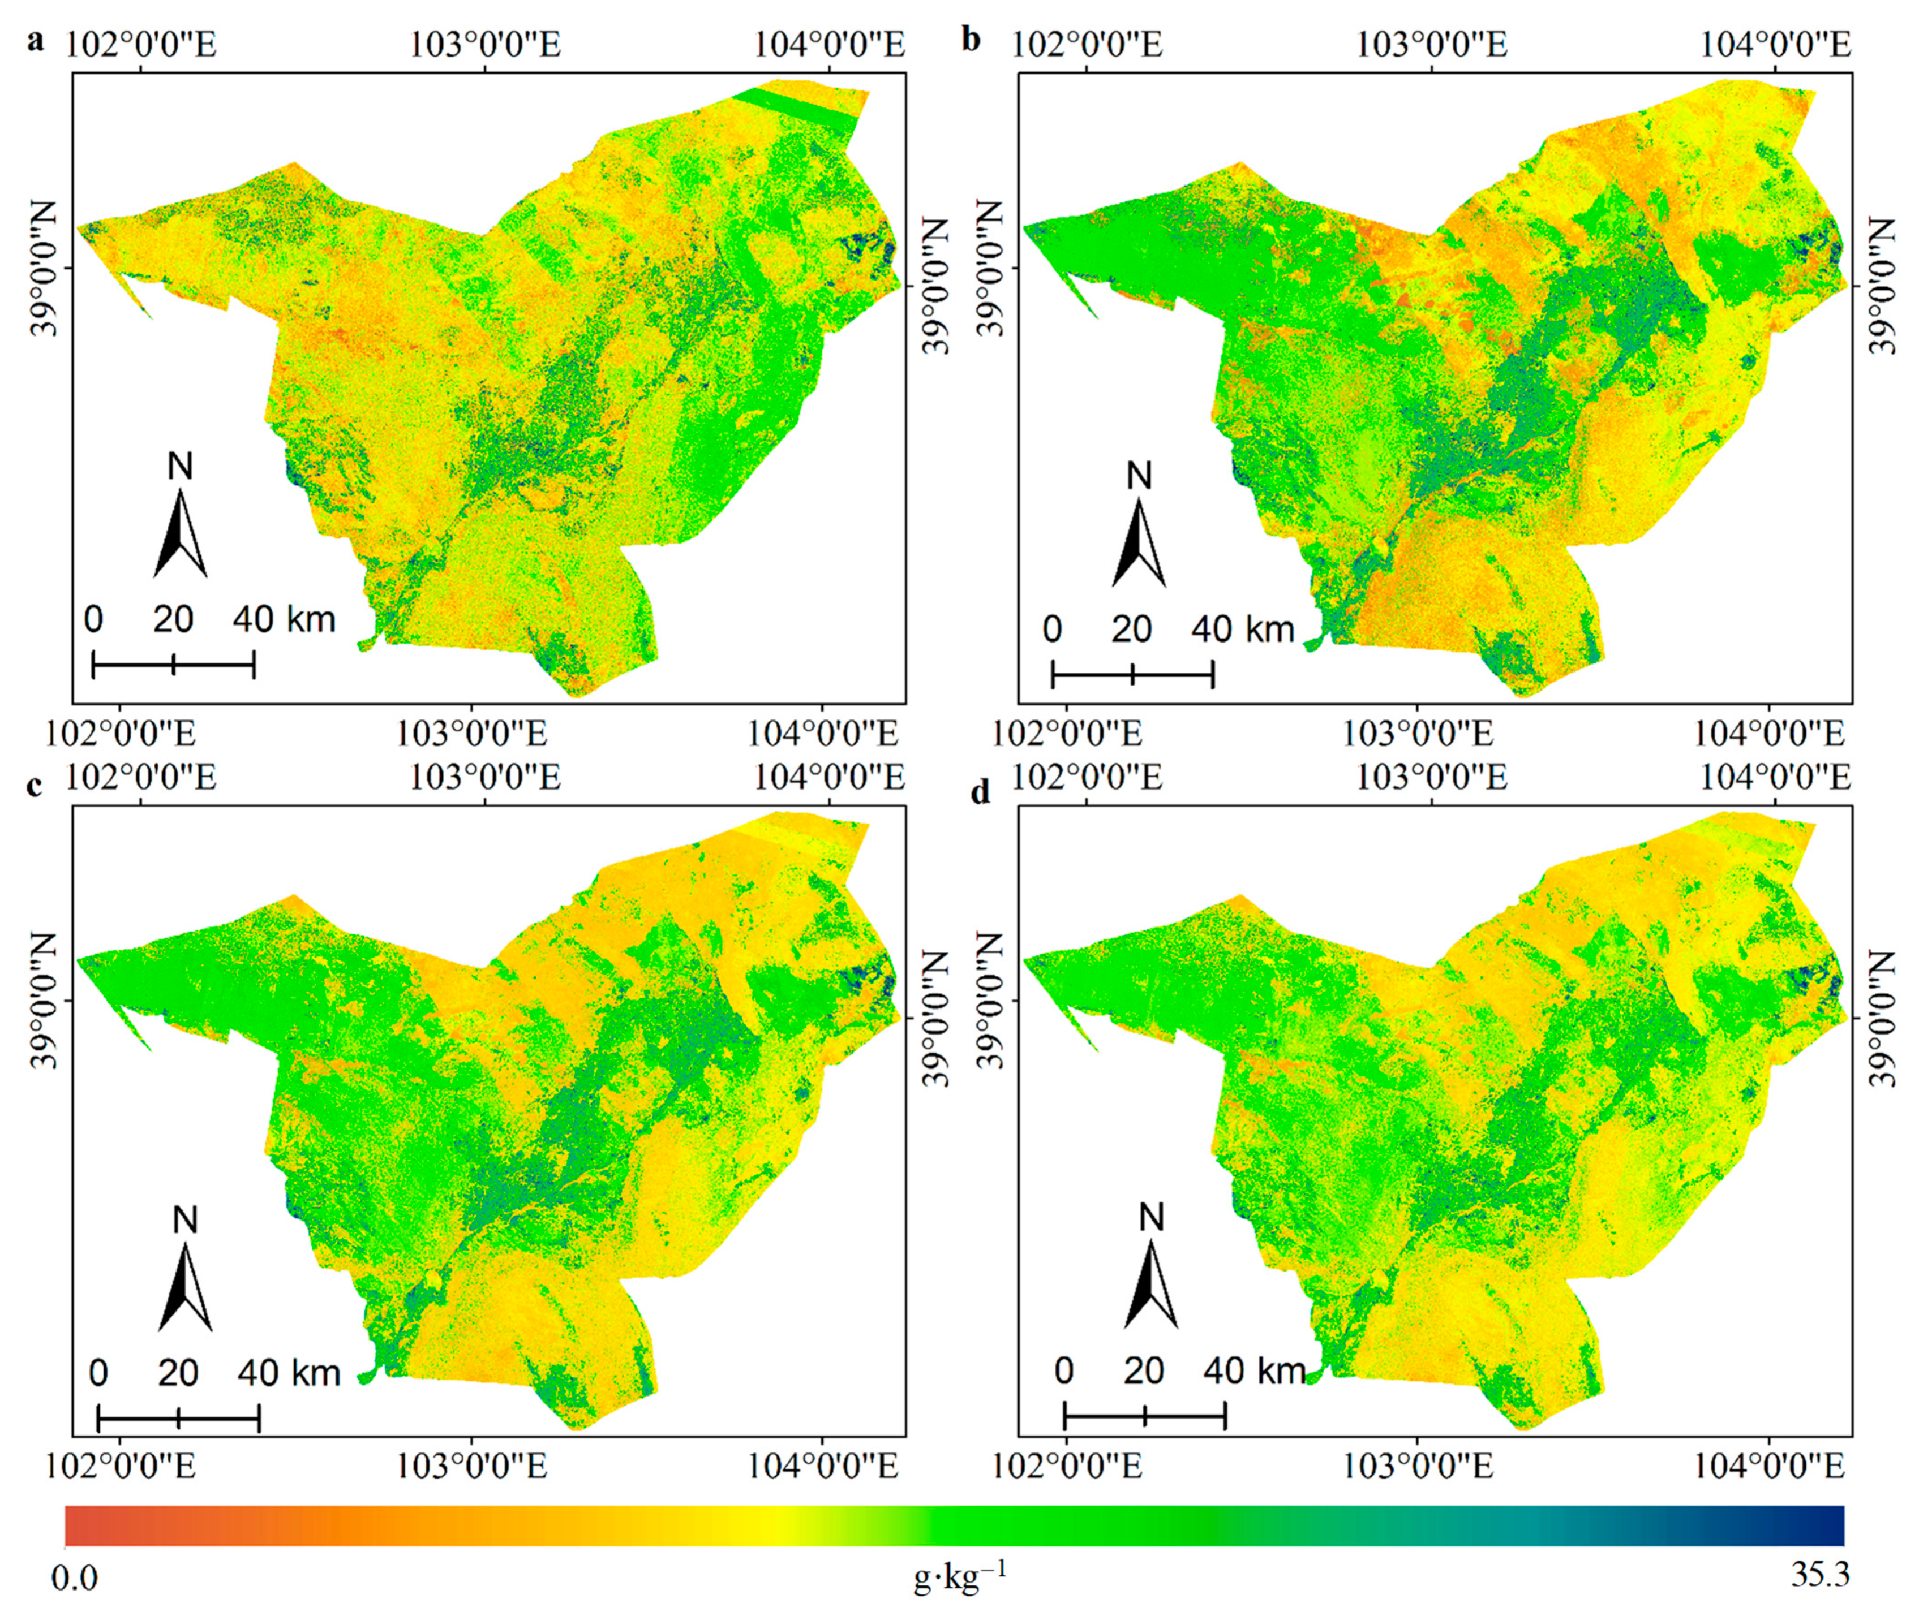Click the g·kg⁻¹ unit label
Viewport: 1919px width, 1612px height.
pos(960,1576)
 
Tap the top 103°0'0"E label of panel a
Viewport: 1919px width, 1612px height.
pos(484,44)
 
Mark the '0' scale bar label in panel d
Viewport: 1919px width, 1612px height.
pos(1062,1370)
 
